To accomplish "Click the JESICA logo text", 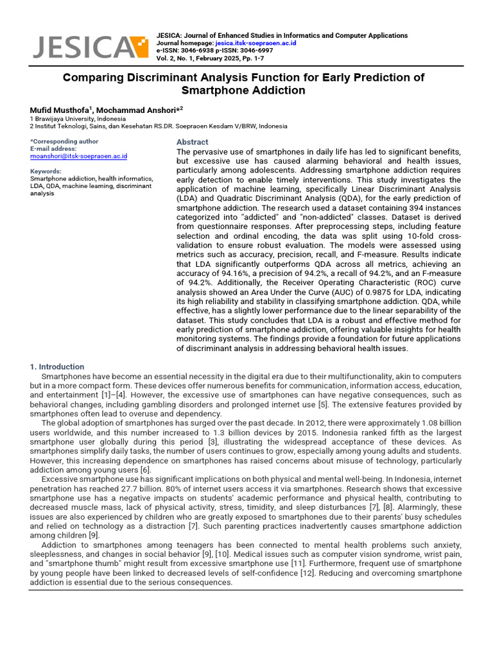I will tap(80, 47).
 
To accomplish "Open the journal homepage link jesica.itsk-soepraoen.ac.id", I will tap(255, 43).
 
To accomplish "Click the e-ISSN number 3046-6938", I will tap(198, 50).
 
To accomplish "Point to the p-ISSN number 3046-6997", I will tap(257, 50).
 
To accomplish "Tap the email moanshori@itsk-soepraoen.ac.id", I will tap(79, 156).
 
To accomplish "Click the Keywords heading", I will tap(46, 171).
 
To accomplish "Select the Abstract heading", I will tap(192, 142).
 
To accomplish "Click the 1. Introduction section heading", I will tap(57, 367).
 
